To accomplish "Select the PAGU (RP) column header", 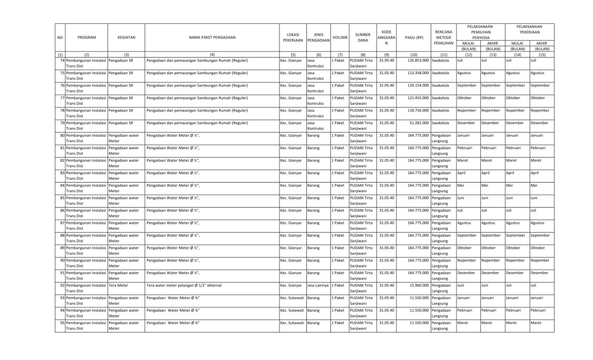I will click(x=414, y=37).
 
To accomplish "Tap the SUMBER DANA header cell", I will click(x=363, y=37).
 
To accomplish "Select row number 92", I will click(x=62, y=285).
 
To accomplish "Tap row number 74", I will click(x=62, y=60).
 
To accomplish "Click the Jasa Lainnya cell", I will click(x=318, y=285).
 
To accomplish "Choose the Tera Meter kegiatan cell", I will click(x=119, y=285).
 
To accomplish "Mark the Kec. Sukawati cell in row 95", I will click(x=292, y=323).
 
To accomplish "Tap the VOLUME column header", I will click(x=340, y=37).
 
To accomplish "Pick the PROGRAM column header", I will click(x=87, y=37).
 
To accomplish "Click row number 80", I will click(x=62, y=135).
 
